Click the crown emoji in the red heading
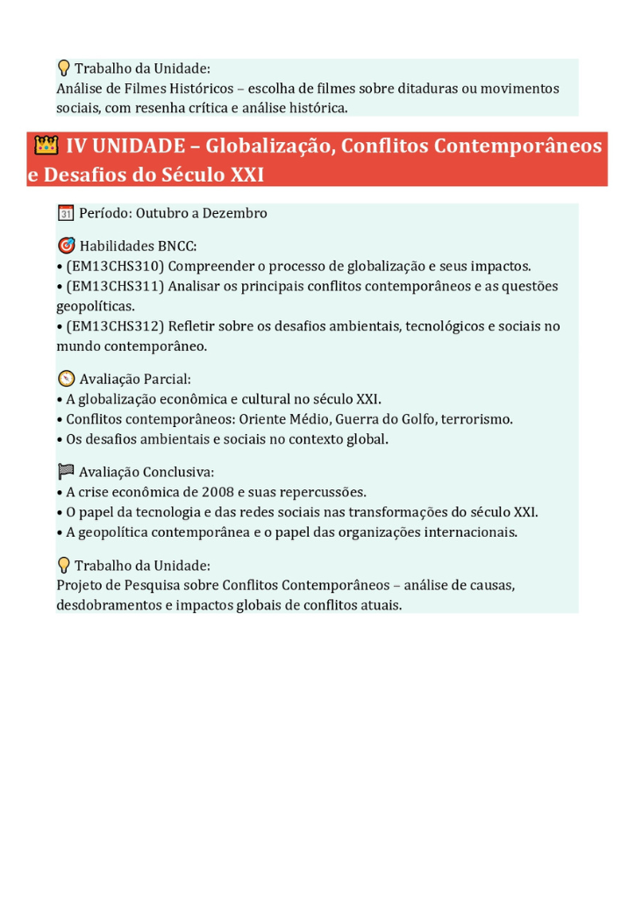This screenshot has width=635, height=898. point(46,145)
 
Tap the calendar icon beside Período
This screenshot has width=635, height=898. point(65,213)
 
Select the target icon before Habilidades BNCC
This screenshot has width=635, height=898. point(66,246)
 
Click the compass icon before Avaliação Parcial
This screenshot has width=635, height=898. point(66,379)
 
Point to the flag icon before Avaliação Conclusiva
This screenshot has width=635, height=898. point(66,472)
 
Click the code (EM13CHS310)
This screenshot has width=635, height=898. point(115,266)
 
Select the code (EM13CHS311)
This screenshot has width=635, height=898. point(115,286)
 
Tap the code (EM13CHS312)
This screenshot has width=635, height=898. point(115,326)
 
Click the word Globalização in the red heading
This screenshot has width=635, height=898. point(268,145)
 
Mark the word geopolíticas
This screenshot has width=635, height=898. point(96,306)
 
